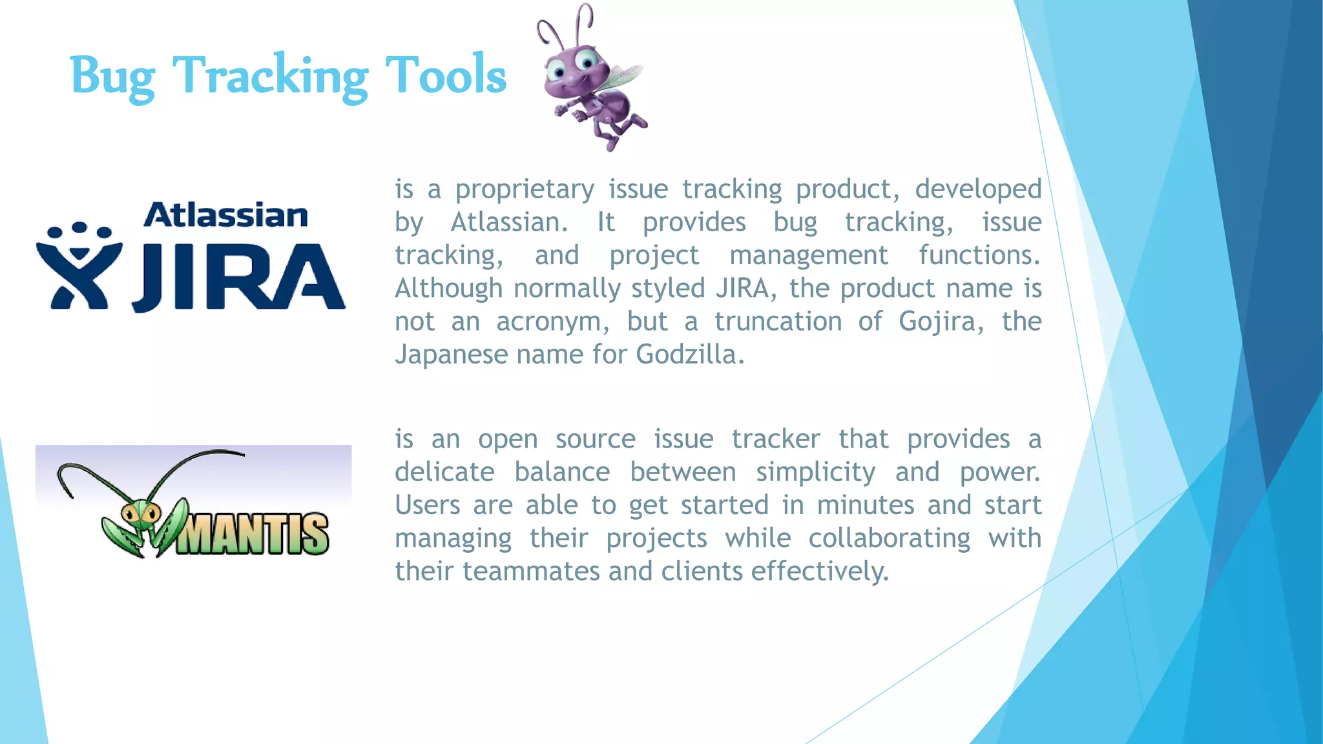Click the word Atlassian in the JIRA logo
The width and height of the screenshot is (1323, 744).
(x=225, y=215)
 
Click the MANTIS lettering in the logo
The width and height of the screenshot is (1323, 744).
(x=253, y=534)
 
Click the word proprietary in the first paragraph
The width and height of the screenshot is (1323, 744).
(x=524, y=190)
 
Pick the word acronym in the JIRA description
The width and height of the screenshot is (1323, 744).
(x=552, y=322)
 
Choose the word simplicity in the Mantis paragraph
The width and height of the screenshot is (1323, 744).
(x=815, y=472)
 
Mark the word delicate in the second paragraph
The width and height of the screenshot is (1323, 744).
(x=444, y=472)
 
